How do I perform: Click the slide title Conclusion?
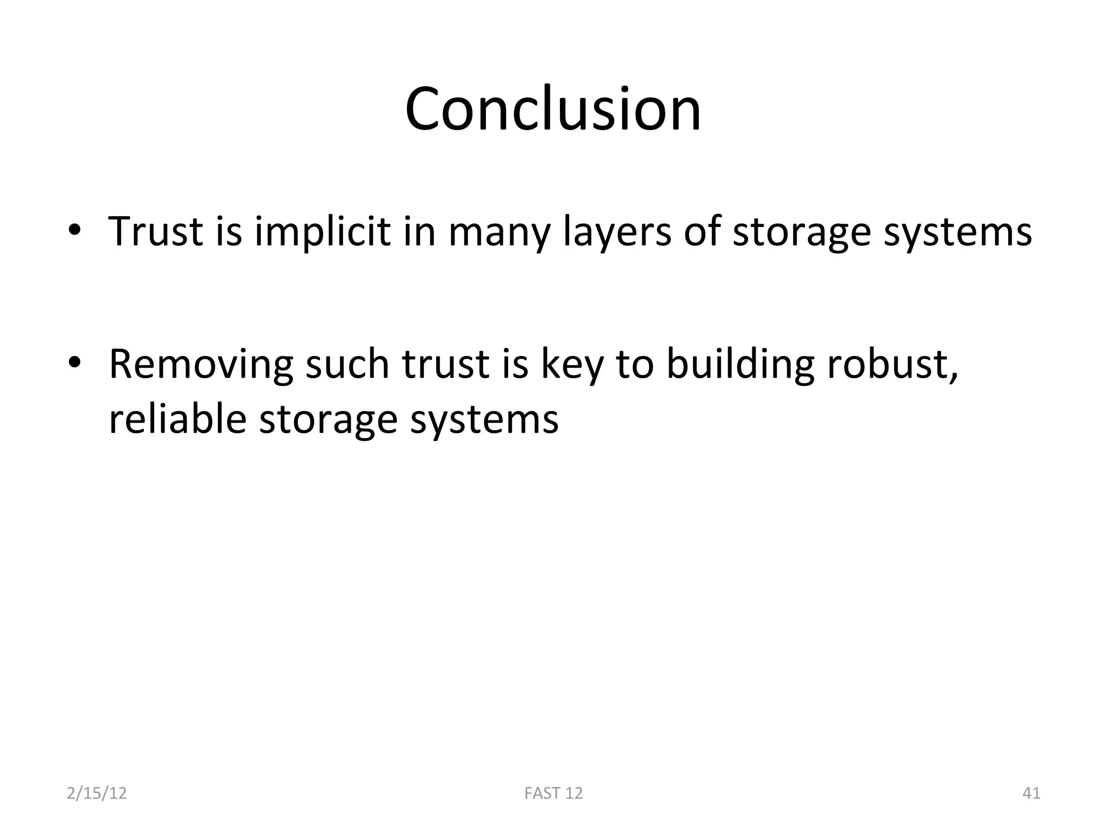click(553, 109)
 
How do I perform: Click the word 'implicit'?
click(322, 231)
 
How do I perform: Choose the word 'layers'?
click(616, 232)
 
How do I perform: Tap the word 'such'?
click(347, 364)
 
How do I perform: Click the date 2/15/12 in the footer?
click(97, 793)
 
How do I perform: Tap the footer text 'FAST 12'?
click(553, 793)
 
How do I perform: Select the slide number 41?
click(1031, 793)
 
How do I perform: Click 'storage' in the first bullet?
click(801, 232)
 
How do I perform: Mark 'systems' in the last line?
click(484, 420)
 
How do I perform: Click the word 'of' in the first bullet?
click(702, 231)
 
